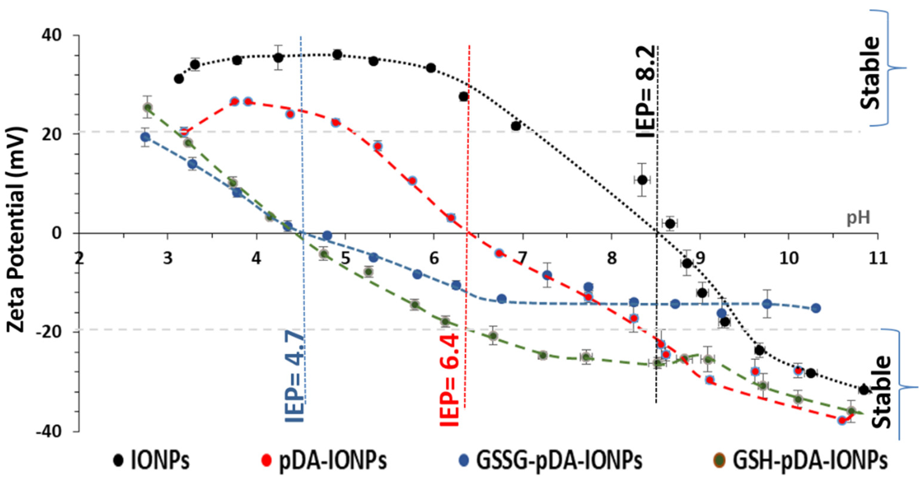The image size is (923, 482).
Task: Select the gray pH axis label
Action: [858, 218]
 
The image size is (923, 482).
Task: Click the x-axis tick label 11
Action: [878, 257]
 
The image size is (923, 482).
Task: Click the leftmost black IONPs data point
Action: [179, 79]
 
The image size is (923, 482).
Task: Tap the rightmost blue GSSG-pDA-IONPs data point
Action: [816, 308]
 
